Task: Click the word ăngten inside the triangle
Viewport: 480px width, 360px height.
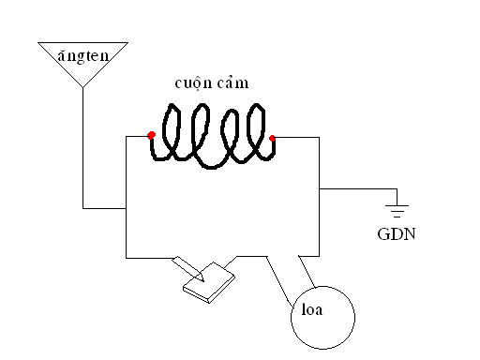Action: point(83,56)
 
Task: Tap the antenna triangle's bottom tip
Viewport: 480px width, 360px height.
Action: point(82,87)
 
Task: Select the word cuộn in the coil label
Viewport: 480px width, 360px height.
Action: point(193,83)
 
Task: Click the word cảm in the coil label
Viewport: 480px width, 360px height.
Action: point(232,82)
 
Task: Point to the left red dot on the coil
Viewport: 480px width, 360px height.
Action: point(151,135)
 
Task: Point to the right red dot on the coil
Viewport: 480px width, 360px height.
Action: point(272,138)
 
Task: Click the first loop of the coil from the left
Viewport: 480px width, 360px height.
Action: point(172,131)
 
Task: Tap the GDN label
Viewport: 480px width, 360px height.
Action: point(397,234)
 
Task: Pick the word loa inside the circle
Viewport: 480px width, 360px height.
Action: point(312,309)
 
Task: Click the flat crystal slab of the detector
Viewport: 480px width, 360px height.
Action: point(209,283)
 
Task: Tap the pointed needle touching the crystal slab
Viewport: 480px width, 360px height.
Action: point(188,269)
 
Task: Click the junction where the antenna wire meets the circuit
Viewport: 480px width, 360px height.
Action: point(126,208)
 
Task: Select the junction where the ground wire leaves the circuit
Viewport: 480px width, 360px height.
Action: point(319,189)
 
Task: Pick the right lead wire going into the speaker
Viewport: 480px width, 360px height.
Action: point(307,272)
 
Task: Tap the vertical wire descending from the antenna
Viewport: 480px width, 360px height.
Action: point(82,148)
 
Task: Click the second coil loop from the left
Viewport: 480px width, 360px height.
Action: point(200,133)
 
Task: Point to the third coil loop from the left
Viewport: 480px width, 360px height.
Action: point(230,134)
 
